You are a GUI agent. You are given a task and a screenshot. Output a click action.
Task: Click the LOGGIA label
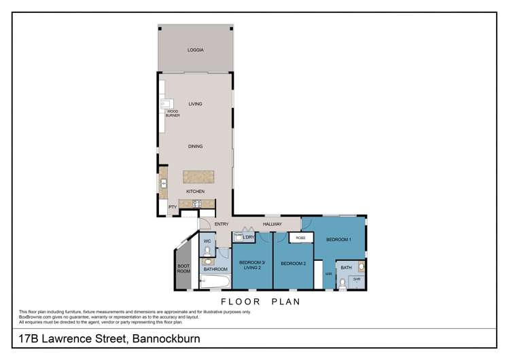[x=196, y=50]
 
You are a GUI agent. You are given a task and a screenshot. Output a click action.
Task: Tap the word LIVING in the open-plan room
[x=196, y=104]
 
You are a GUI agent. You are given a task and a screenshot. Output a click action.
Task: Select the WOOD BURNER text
[x=173, y=113]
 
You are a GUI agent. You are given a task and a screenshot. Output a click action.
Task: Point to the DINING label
[x=196, y=147]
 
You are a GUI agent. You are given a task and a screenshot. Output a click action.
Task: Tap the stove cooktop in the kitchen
[x=197, y=203]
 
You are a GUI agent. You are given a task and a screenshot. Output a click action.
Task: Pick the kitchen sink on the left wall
[x=164, y=182]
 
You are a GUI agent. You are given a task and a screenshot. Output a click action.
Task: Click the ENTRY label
[x=222, y=224]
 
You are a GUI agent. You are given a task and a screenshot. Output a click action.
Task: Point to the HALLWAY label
[x=273, y=224]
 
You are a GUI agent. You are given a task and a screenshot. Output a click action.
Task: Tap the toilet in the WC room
[x=208, y=251]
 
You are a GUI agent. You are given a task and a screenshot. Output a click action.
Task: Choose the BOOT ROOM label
[x=183, y=268]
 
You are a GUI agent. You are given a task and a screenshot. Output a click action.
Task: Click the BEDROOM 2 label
[x=294, y=264]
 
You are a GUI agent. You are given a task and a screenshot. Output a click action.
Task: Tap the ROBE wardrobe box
[x=300, y=238]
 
